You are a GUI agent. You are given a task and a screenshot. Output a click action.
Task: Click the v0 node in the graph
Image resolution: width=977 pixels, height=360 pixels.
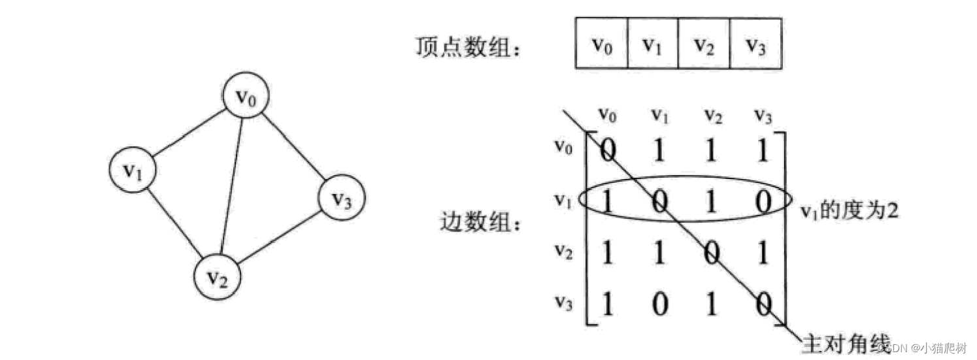246,98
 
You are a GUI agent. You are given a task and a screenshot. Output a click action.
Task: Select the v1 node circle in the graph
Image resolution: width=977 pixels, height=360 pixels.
133,170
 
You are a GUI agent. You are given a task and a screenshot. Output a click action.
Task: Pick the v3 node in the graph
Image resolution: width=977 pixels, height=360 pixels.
340,199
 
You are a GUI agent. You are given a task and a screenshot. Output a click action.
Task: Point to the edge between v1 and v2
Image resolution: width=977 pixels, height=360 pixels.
173,221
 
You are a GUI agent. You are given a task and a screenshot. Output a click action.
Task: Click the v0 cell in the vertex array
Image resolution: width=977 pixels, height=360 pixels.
601,44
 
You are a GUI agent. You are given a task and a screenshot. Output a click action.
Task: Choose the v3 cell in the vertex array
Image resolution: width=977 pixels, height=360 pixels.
755,44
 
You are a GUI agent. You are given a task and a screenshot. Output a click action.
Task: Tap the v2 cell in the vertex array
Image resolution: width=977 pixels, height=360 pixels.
704,44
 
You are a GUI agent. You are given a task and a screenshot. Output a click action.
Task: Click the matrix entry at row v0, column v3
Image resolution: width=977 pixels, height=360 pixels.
761,151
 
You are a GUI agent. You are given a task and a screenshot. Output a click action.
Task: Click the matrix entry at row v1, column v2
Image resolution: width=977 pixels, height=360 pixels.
710,203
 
